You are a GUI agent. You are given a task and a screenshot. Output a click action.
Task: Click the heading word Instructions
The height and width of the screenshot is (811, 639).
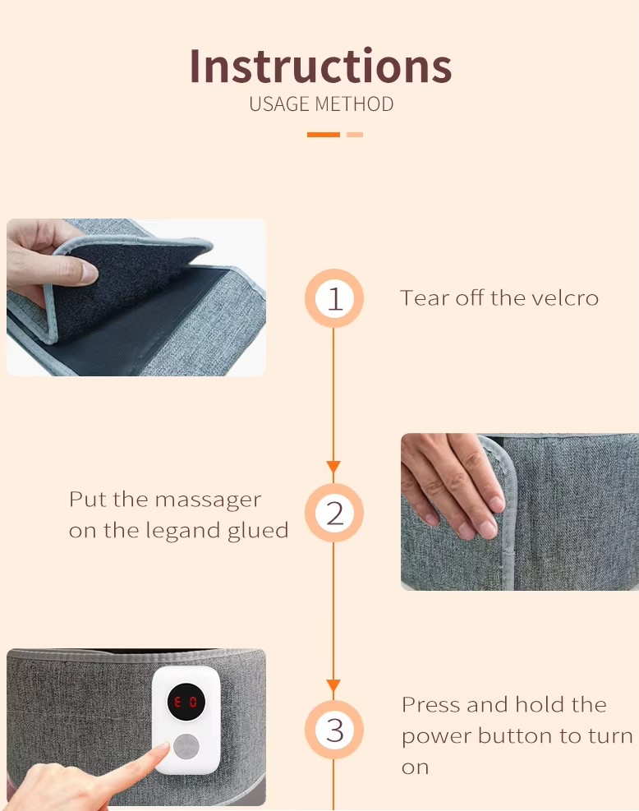coord(320,66)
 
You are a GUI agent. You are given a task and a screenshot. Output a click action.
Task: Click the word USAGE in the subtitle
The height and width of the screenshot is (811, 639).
coord(280,104)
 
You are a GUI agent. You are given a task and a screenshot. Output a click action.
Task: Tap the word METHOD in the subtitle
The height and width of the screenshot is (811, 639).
coord(354,104)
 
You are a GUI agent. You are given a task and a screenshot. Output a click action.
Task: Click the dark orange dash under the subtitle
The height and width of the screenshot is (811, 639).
coord(324,135)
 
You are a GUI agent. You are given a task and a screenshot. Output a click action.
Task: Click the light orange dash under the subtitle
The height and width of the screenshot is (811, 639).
coord(355,135)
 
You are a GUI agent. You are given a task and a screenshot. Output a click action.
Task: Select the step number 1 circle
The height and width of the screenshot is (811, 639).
coord(334,298)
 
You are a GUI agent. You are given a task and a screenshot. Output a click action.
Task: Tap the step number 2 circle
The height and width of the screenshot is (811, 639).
coord(334,513)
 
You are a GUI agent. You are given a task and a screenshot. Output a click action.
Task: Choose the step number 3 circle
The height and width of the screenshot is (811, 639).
coord(334,730)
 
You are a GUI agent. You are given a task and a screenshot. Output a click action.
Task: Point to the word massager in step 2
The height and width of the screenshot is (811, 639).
coord(208,500)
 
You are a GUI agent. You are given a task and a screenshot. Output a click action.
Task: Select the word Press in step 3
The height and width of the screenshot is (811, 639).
coord(430,704)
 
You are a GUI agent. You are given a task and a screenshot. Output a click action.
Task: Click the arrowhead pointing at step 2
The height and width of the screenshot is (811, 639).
coord(333,467)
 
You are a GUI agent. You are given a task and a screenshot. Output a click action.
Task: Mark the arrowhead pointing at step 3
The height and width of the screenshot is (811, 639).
coord(333,686)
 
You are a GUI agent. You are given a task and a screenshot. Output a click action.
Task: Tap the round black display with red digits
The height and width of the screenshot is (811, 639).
coord(186,702)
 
